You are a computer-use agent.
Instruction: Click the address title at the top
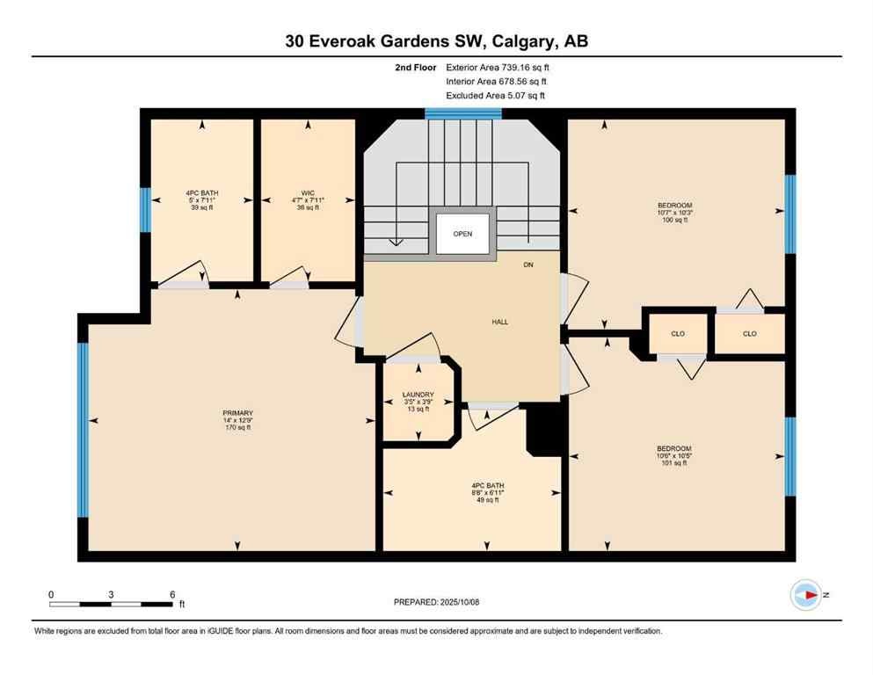click(x=436, y=41)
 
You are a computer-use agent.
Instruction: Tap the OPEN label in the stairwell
click(x=462, y=234)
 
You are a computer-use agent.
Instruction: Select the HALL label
click(x=499, y=322)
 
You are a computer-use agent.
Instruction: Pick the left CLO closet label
click(x=677, y=334)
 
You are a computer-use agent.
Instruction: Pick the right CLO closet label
click(x=749, y=334)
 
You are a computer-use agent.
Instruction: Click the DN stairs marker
click(x=527, y=265)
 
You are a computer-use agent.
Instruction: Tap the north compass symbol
click(x=806, y=595)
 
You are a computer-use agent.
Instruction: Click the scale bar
click(x=112, y=603)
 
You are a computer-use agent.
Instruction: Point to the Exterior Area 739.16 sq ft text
click(x=502, y=67)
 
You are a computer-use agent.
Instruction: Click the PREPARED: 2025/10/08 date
click(x=436, y=602)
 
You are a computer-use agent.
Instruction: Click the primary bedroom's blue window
click(x=83, y=430)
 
